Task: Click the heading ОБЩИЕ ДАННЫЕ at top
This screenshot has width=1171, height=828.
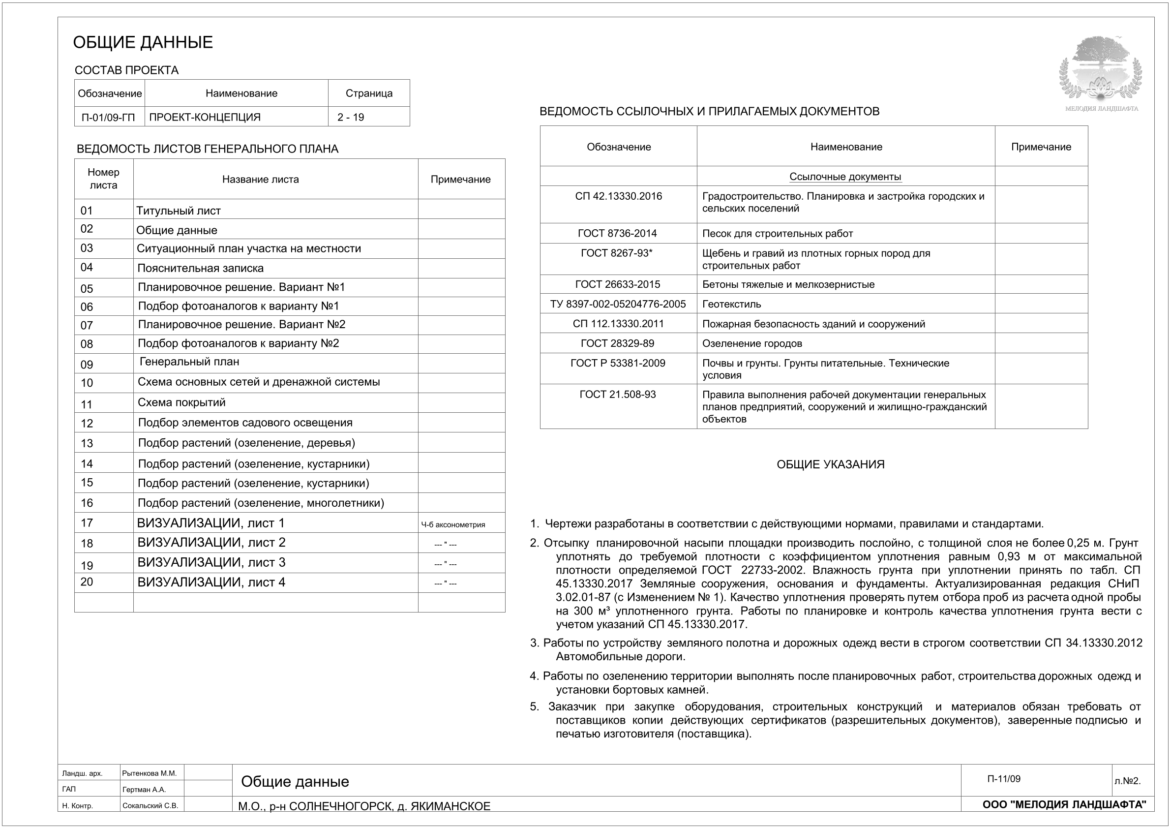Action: tap(143, 42)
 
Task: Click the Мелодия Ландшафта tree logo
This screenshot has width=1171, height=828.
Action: tap(1101, 69)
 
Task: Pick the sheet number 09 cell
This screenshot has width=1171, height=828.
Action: tap(87, 364)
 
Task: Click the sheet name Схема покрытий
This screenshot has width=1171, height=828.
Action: tap(181, 402)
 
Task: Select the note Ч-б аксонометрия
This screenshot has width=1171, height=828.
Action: tap(453, 524)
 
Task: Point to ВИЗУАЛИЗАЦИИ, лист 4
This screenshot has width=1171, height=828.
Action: tap(211, 582)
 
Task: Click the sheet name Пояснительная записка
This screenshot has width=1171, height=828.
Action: tap(201, 268)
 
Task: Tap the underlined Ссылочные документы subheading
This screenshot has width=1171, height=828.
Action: tap(845, 177)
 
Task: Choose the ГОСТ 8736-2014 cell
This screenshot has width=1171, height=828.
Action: tap(617, 234)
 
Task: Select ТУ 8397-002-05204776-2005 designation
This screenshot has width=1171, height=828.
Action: tap(618, 304)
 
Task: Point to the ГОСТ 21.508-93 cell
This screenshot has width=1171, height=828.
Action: tap(618, 395)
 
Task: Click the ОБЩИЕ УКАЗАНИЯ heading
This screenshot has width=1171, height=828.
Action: tap(830, 464)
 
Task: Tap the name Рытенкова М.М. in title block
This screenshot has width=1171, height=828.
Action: tap(150, 773)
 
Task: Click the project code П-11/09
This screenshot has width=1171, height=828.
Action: tap(1004, 779)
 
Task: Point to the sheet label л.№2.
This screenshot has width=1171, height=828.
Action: tap(1127, 781)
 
